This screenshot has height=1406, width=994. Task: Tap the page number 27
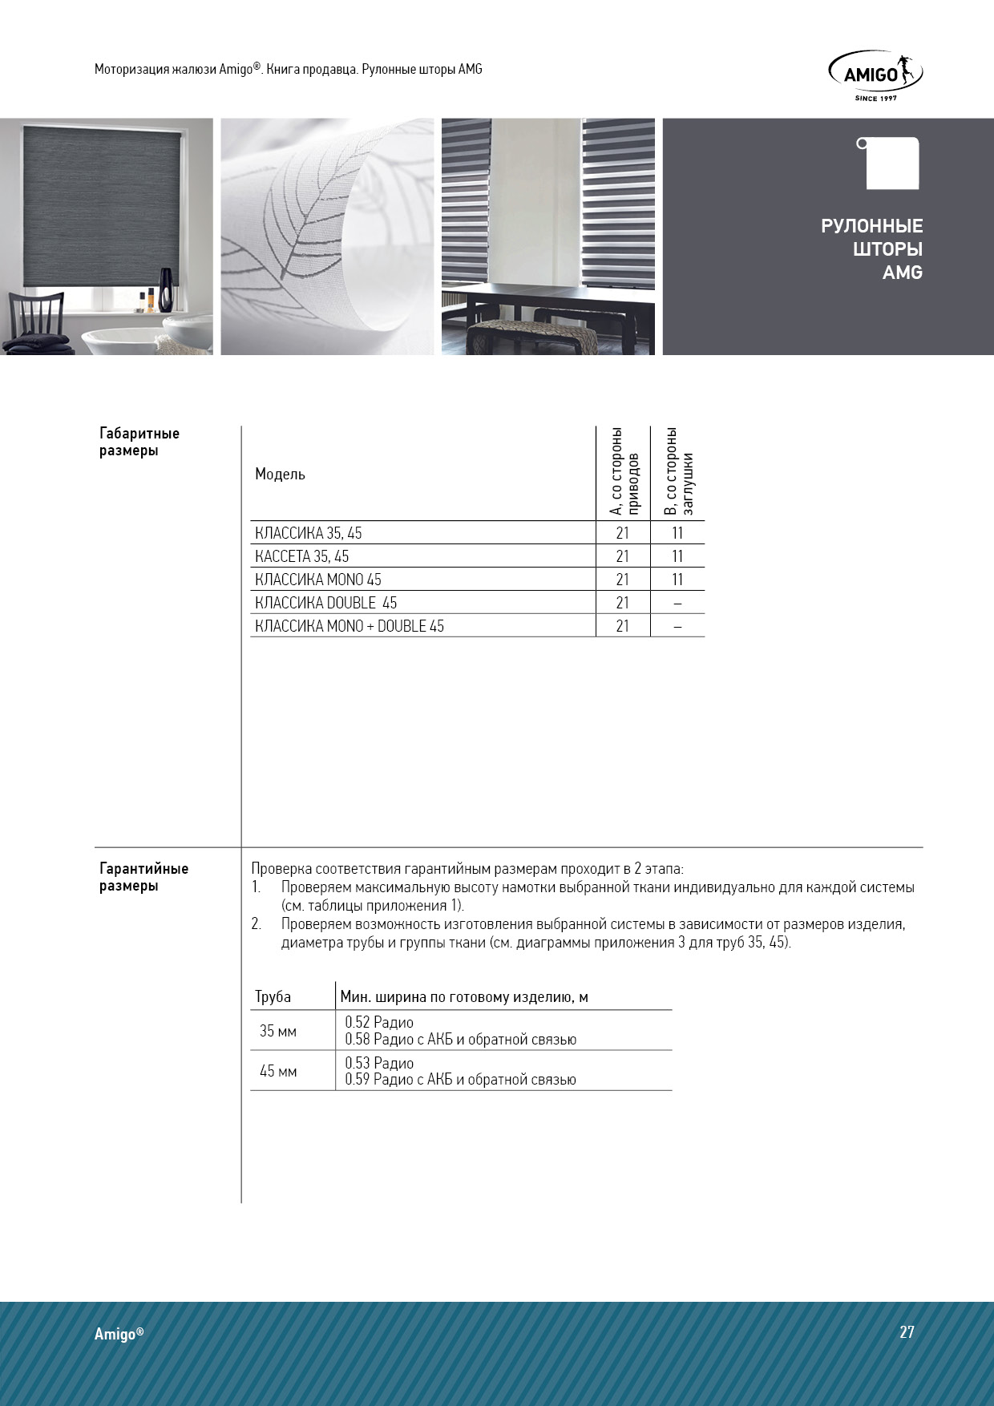coord(907,1332)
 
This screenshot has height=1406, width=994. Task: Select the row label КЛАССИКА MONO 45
coord(317,580)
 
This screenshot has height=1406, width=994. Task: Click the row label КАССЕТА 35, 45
coord(301,556)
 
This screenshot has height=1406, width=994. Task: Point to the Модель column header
coord(280,474)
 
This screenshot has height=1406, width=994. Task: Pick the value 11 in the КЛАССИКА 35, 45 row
coord(677,533)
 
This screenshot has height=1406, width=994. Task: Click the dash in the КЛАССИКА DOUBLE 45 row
coord(677,603)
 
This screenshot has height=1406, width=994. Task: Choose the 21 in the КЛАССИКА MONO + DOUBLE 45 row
coord(623,626)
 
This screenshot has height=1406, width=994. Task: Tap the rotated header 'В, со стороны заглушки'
coord(678,473)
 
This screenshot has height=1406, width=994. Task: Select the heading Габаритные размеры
coord(139,442)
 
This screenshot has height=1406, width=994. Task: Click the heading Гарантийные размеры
coord(143,877)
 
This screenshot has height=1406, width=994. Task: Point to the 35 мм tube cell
coord(278,1031)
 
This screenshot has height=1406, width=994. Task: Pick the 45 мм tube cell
coord(278,1071)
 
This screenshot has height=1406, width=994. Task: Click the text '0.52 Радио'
coord(379,1022)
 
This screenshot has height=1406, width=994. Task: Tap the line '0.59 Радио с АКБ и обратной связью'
coord(460,1080)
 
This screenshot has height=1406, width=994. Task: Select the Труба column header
coord(273,997)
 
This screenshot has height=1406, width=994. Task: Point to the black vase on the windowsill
coord(166,289)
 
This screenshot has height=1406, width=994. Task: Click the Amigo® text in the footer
coord(119,1334)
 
